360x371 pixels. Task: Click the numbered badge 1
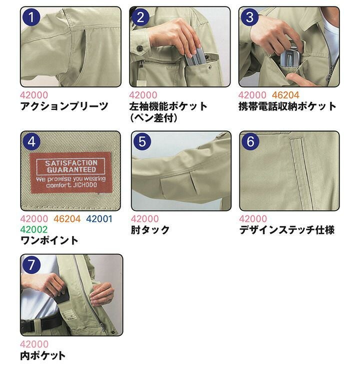pos(31,17)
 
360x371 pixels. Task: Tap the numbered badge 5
pos(142,141)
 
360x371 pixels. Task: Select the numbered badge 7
pos(31,265)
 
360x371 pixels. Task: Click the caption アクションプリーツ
pos(64,106)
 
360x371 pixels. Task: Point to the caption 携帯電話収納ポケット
pos(287,106)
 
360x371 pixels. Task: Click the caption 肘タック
pos(150,229)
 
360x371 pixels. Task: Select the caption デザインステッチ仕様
pos(287,229)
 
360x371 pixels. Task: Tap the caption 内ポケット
pos(43,355)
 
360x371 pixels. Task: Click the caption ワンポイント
pos(49,240)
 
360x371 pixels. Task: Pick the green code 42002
pos(34,229)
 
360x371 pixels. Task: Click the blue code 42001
pos(99,218)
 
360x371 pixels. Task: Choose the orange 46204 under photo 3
pos(285,95)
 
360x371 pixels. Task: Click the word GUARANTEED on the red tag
pos(71,169)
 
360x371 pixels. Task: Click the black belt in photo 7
pos(41,324)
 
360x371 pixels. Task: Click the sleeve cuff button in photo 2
pos(139,48)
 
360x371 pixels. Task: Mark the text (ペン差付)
pos(153,117)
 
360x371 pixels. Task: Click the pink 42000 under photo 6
pos(253,218)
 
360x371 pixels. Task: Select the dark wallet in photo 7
pos(61,297)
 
